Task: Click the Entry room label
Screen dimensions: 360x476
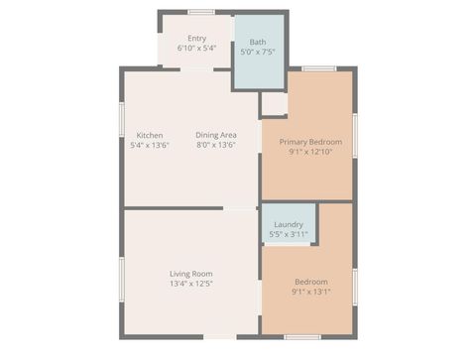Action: click(x=196, y=39)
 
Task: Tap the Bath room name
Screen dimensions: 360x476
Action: click(x=258, y=42)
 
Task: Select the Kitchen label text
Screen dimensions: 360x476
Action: click(x=150, y=135)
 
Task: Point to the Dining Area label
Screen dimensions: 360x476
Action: click(x=215, y=135)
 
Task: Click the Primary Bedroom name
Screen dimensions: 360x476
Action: click(x=310, y=142)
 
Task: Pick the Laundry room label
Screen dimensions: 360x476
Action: click(x=289, y=224)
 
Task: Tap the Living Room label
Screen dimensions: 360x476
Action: click(x=190, y=274)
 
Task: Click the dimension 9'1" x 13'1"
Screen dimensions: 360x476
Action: click(x=310, y=292)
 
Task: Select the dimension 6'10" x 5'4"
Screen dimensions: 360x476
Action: click(x=196, y=48)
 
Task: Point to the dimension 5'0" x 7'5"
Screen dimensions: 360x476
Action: click(x=258, y=52)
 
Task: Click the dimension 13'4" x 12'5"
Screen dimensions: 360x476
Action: click(x=190, y=284)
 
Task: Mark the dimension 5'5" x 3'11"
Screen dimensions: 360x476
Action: click(x=289, y=234)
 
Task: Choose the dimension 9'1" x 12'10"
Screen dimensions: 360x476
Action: click(x=310, y=152)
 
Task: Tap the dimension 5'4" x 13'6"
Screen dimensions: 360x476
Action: click(x=150, y=145)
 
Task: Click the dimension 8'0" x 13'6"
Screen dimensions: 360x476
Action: click(x=215, y=145)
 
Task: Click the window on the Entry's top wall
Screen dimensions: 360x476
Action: click(x=202, y=12)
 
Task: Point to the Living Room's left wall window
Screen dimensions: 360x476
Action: click(x=121, y=272)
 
